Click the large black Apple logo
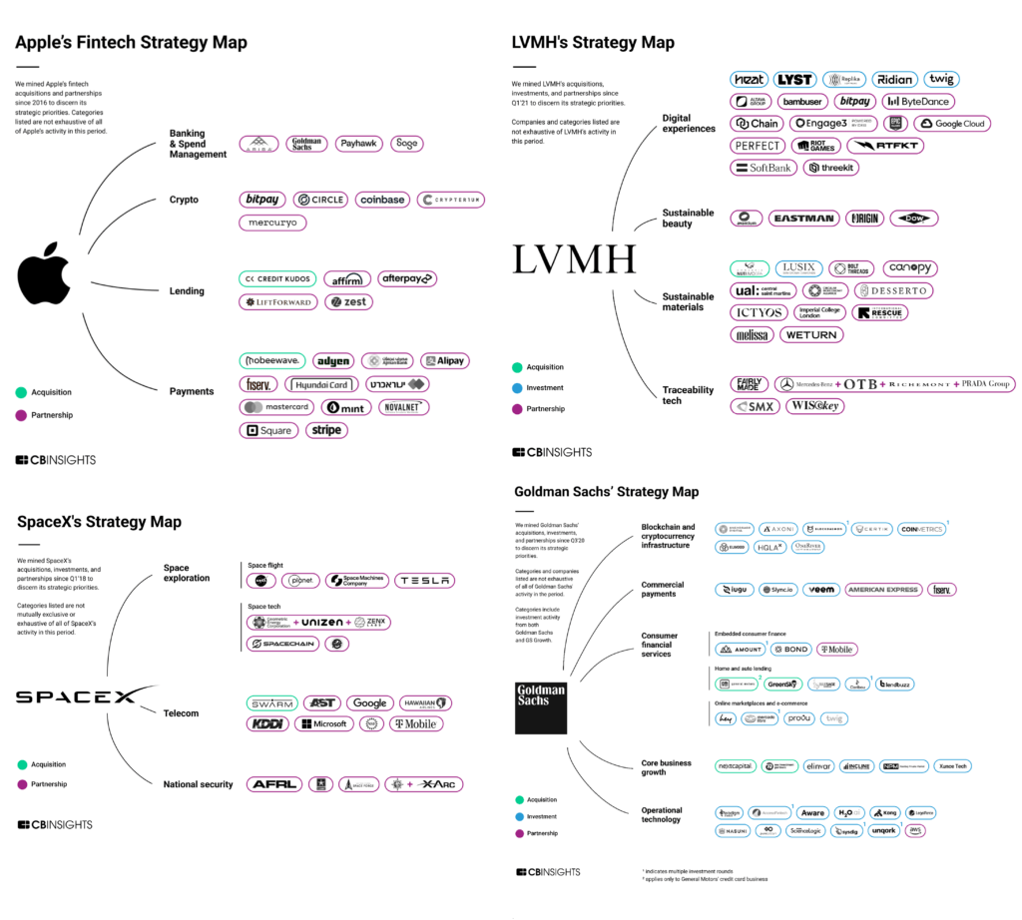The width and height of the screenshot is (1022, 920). pyautogui.click(x=44, y=277)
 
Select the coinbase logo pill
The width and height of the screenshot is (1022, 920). pyautogui.click(x=381, y=200)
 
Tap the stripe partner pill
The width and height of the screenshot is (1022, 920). pyautogui.click(x=326, y=430)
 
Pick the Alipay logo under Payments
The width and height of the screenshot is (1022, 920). pyautogui.click(x=443, y=360)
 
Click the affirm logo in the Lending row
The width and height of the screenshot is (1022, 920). pyautogui.click(x=346, y=279)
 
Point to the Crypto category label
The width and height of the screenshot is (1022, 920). pyautogui.click(x=184, y=200)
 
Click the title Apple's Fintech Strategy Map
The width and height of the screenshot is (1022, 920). pyautogui.click(x=131, y=43)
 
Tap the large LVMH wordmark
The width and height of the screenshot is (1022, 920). pyautogui.click(x=574, y=260)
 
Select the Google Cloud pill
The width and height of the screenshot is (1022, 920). pyautogui.click(x=952, y=124)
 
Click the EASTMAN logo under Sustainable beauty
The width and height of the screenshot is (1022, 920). pyautogui.click(x=803, y=219)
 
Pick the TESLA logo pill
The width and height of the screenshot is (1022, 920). pyautogui.click(x=424, y=580)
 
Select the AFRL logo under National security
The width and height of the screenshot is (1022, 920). pyautogui.click(x=272, y=784)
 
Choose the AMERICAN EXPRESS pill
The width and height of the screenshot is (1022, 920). pyautogui.click(x=882, y=590)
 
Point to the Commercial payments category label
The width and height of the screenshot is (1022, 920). pyautogui.click(x=663, y=590)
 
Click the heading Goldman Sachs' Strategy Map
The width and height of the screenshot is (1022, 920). pyautogui.click(x=607, y=492)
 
